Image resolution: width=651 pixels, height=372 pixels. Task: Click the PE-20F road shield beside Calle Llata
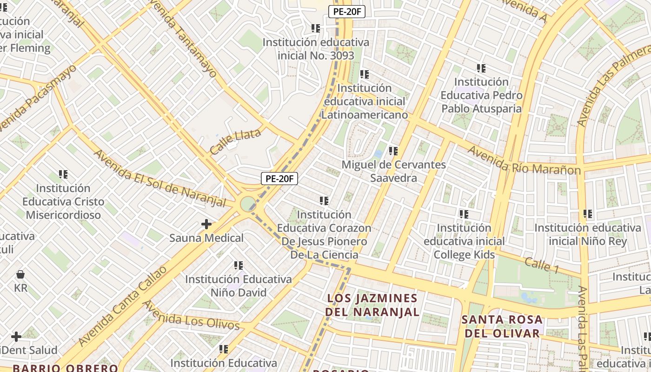click(x=279, y=179)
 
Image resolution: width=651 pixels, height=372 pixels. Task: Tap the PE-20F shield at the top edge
click(x=346, y=12)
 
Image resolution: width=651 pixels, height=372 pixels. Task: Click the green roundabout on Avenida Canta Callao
click(x=247, y=204)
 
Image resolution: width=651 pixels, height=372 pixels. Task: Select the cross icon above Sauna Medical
click(x=206, y=225)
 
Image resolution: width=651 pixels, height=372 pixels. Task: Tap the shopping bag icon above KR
click(x=20, y=274)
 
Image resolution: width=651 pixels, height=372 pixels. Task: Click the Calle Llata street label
click(x=235, y=142)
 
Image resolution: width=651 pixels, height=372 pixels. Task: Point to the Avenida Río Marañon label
click(x=524, y=160)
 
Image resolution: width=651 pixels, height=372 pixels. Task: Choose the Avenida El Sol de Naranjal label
click(x=160, y=179)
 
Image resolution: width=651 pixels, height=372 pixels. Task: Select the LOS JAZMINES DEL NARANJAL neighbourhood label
click(x=372, y=305)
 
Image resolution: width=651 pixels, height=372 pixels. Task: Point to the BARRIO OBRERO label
click(x=65, y=368)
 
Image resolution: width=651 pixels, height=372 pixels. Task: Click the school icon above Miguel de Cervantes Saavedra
click(x=393, y=151)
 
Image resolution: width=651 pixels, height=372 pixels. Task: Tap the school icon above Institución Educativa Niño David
click(x=239, y=266)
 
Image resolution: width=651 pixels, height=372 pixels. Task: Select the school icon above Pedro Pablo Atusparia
click(x=481, y=68)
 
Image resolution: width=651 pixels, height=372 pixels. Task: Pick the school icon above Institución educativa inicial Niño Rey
click(x=588, y=214)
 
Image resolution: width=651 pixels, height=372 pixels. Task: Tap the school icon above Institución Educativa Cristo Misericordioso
click(x=63, y=175)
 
